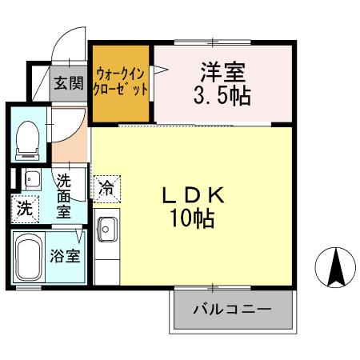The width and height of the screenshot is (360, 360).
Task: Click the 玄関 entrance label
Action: pyautogui.click(x=69, y=83)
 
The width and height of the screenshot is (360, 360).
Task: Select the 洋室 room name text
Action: pyautogui.click(x=222, y=70)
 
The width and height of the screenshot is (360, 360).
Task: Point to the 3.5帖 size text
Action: pyautogui.click(x=223, y=96)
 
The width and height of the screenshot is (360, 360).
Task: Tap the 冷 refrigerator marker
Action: pyautogui.click(x=106, y=189)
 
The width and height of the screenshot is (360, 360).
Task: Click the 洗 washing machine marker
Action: pyautogui.click(x=25, y=210)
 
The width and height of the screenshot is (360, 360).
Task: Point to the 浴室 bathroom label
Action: pyautogui.click(x=66, y=257)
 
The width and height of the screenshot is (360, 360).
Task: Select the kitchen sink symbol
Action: pyautogui.click(x=106, y=230)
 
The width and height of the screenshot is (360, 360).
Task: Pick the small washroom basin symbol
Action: pyautogui.click(x=32, y=178)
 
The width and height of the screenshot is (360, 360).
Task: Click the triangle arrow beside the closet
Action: pyautogui.click(x=158, y=73)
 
